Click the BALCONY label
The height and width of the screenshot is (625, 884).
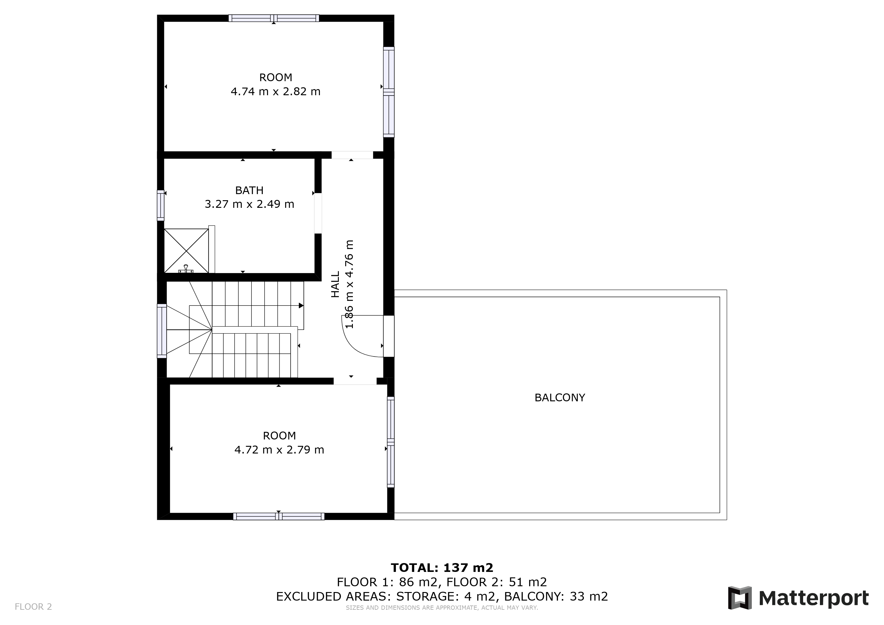pyautogui.click(x=560, y=398)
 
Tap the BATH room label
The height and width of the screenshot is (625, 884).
pyautogui.click(x=249, y=190)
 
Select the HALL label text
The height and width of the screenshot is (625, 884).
pyautogui.click(x=335, y=284)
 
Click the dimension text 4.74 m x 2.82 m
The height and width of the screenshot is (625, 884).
pyautogui.click(x=275, y=92)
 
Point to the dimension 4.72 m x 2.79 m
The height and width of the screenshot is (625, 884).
pyautogui.click(x=279, y=450)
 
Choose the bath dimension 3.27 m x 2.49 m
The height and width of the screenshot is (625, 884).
pyautogui.click(x=249, y=204)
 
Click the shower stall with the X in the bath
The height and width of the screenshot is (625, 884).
pyautogui.click(x=186, y=251)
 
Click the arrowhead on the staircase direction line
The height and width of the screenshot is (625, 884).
pyautogui.click(x=301, y=305)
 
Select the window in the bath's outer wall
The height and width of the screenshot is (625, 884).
pyautogui.click(x=161, y=205)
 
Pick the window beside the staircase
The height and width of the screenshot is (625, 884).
pyautogui.click(x=162, y=331)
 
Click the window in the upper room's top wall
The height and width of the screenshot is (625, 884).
pyautogui.click(x=274, y=18)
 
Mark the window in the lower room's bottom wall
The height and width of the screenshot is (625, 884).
pyautogui.click(x=279, y=516)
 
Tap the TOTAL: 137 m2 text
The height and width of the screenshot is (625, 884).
pyautogui.click(x=442, y=568)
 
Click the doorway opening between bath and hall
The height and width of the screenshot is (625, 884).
pyautogui.click(x=318, y=213)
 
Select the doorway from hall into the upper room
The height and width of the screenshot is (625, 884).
pyautogui.click(x=352, y=155)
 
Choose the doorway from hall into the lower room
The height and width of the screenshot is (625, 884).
pyautogui.click(x=355, y=381)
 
